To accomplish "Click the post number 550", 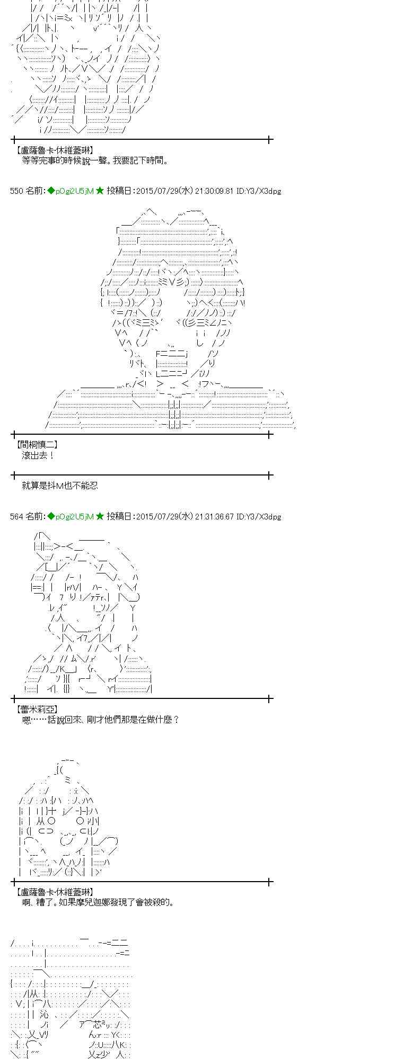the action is click(x=16, y=191).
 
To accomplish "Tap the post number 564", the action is click(x=16, y=517).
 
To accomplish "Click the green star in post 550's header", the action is click(x=100, y=191).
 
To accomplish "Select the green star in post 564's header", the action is click(x=100, y=517).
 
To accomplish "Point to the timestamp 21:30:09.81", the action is click(x=214, y=191).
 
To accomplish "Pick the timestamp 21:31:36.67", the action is click(x=214, y=517).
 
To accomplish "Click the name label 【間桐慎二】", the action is click(x=37, y=445).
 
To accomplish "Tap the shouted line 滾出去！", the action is click(x=38, y=455).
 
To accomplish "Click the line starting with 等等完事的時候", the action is click(x=95, y=160).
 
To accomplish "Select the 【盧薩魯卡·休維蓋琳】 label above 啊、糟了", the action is click(x=55, y=892).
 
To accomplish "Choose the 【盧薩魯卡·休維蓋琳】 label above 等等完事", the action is click(x=55, y=150).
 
